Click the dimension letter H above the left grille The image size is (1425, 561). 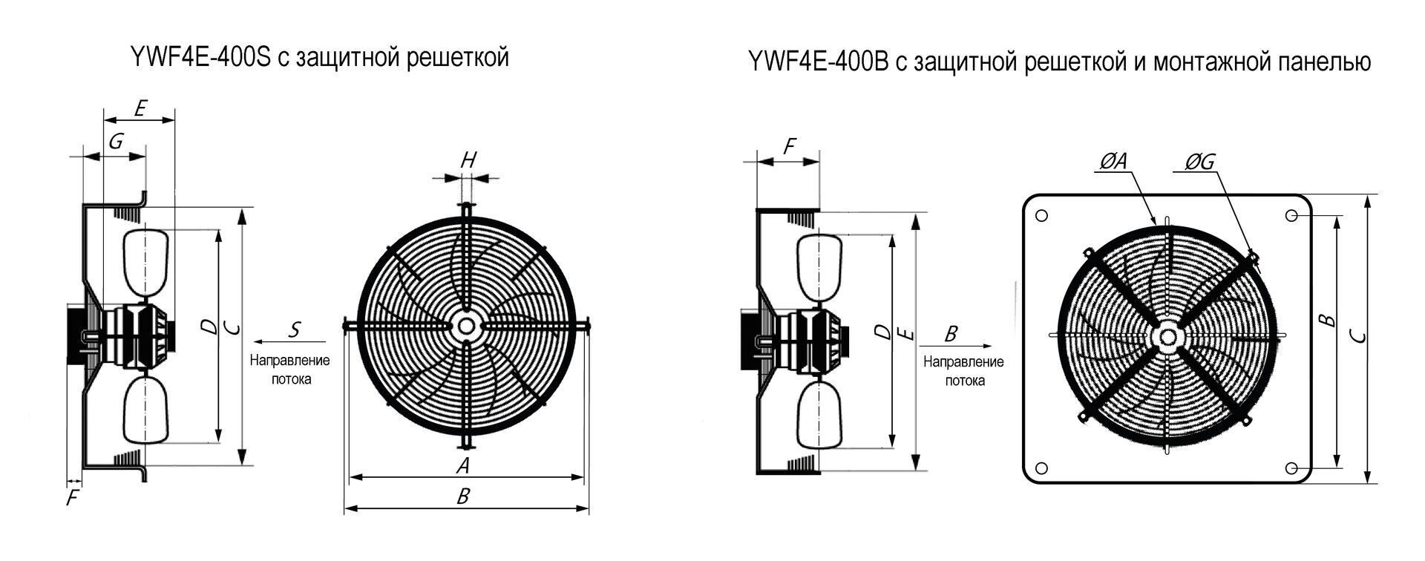pyautogui.click(x=468, y=160)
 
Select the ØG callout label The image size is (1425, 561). pyautogui.click(x=1199, y=161)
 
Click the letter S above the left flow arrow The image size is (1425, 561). pyautogui.click(x=295, y=329)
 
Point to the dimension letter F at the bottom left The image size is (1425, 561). pyautogui.click(x=72, y=498)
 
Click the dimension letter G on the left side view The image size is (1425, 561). pyautogui.click(x=116, y=141)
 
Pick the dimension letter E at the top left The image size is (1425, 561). pyautogui.click(x=140, y=108)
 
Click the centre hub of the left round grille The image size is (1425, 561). pyautogui.click(x=466, y=326)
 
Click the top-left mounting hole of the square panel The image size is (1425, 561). pyautogui.click(x=1041, y=216)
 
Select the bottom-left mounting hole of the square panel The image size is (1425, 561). pyautogui.click(x=1041, y=468)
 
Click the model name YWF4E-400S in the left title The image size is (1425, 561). pyautogui.click(x=200, y=58)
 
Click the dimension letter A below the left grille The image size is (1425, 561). pyautogui.click(x=462, y=465)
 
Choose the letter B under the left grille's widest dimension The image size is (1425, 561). pyautogui.click(x=463, y=496)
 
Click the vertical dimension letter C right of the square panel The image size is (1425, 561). pyautogui.click(x=1358, y=337)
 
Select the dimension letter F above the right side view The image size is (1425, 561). pyautogui.click(x=788, y=147)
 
